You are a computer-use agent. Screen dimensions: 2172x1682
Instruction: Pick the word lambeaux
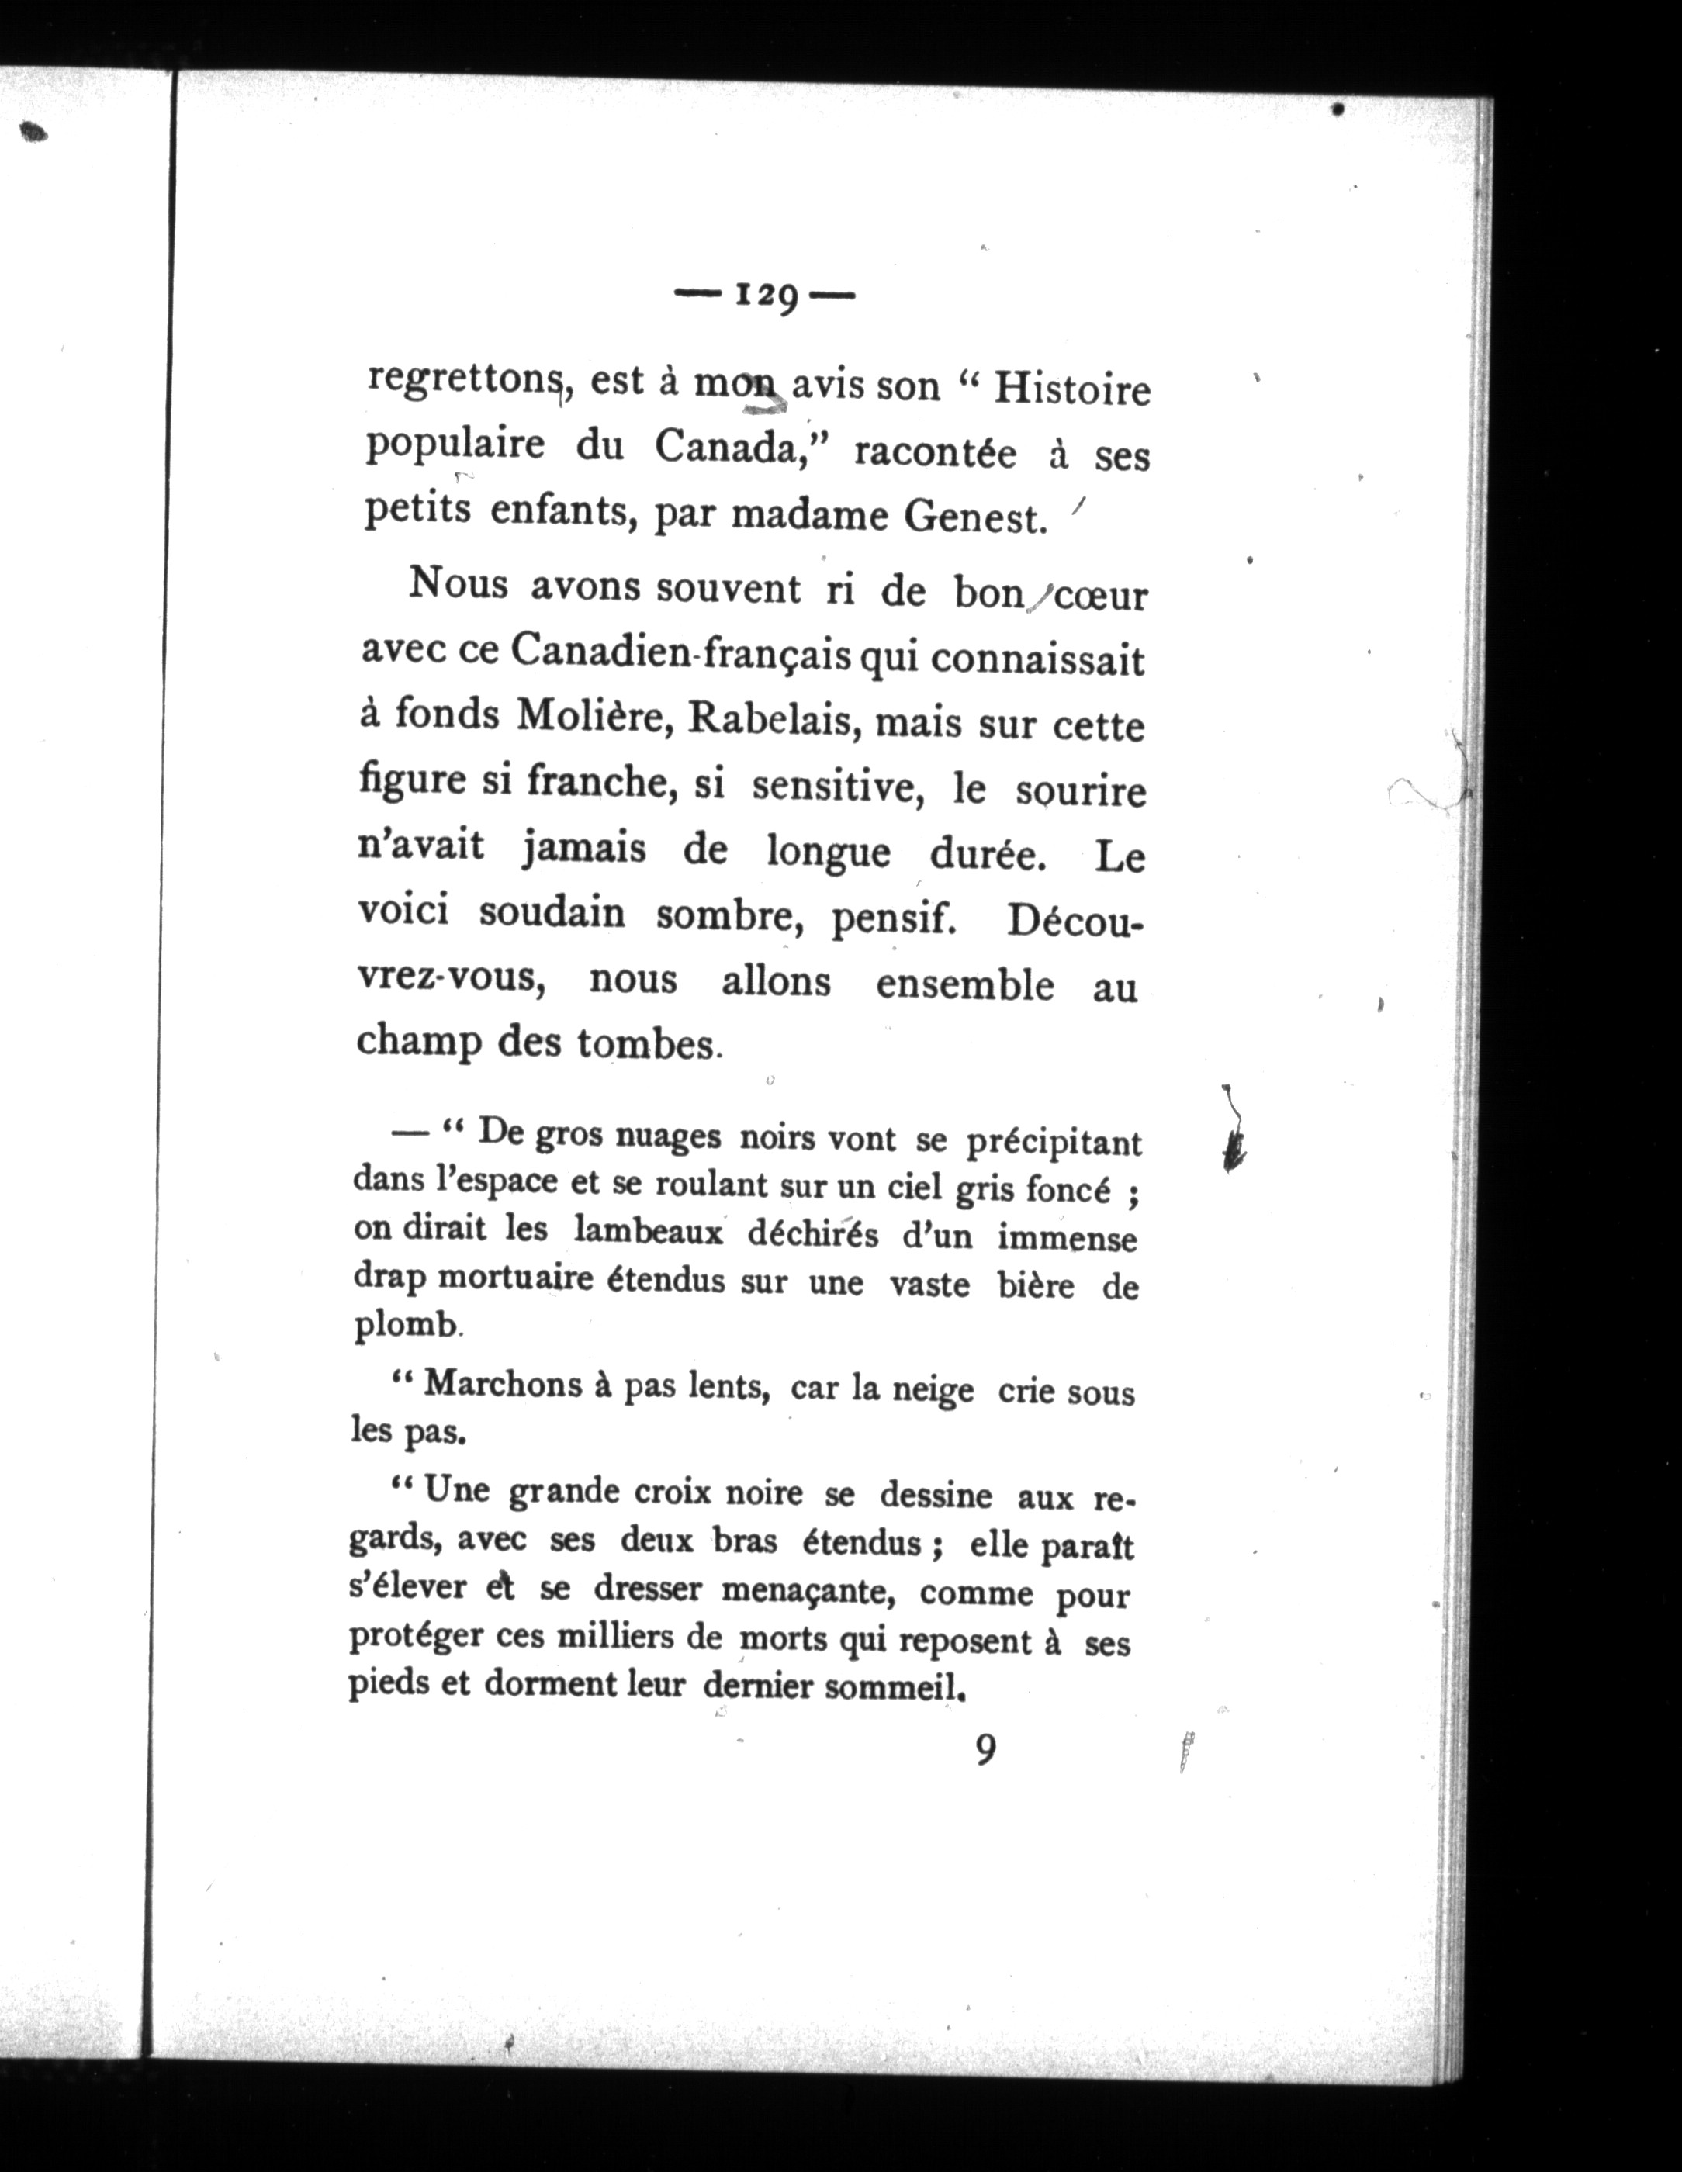[x=648, y=1232]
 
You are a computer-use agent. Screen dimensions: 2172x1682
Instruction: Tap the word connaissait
[x=1038, y=659]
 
